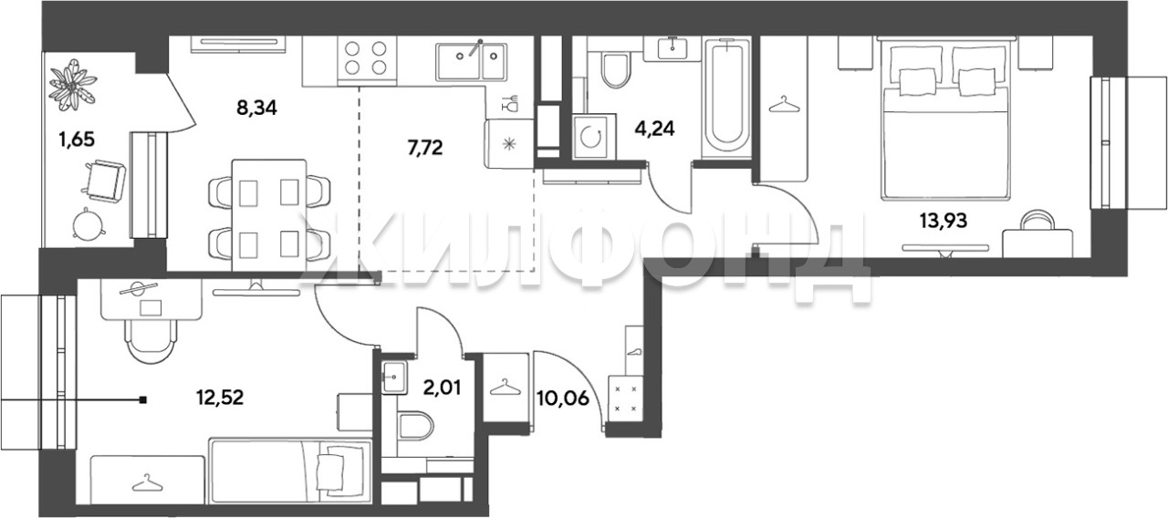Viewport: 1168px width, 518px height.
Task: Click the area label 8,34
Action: [256, 109]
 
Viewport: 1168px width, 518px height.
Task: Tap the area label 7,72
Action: [425, 148]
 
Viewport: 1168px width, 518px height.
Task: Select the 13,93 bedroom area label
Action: [944, 221]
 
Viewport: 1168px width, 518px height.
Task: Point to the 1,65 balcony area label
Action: [77, 140]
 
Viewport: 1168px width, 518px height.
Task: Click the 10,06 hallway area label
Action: [563, 399]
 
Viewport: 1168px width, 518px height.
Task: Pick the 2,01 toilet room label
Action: [443, 388]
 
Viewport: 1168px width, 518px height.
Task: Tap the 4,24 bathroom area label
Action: [654, 129]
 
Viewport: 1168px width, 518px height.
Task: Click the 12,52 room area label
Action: [220, 398]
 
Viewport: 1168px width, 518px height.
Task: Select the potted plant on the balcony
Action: [73, 86]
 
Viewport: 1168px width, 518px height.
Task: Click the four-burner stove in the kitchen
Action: [367, 58]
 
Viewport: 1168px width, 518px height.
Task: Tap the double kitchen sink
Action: [472, 61]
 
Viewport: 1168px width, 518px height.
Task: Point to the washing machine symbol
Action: [590, 138]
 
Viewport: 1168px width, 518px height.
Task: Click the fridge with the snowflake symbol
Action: [509, 144]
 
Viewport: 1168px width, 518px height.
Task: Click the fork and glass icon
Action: [510, 103]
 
